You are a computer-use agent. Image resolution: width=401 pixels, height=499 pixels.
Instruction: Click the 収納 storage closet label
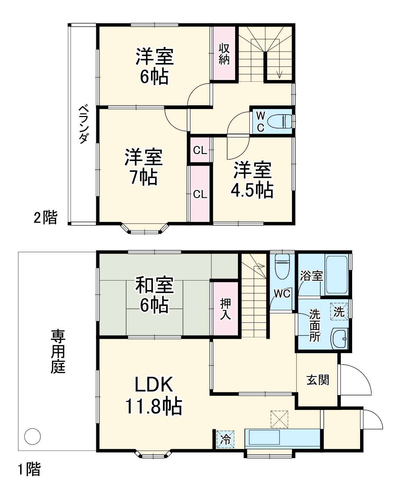pyautogui.click(x=224, y=54)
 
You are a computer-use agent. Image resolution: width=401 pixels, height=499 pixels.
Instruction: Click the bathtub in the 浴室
pyautogui.click(x=336, y=275)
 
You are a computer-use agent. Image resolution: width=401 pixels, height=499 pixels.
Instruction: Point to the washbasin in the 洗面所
pyautogui.click(x=340, y=338)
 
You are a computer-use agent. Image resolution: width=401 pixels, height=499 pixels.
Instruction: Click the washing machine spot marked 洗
pyautogui.click(x=339, y=311)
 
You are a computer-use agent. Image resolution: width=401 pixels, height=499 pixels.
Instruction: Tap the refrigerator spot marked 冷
pyautogui.click(x=225, y=439)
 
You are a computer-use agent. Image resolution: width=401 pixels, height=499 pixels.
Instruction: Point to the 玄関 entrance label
pyautogui.click(x=318, y=380)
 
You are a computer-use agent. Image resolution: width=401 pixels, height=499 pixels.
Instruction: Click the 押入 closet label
pyautogui.click(x=225, y=309)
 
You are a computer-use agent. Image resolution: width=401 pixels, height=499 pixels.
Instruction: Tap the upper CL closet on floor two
pyautogui.click(x=200, y=150)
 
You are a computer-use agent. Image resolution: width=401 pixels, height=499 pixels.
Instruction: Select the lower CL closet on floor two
pyautogui.click(x=200, y=194)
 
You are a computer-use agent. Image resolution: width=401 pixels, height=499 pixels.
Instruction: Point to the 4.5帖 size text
pyautogui.click(x=252, y=190)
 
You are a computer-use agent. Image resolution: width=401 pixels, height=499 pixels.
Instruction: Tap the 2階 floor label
pyautogui.click(x=45, y=217)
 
